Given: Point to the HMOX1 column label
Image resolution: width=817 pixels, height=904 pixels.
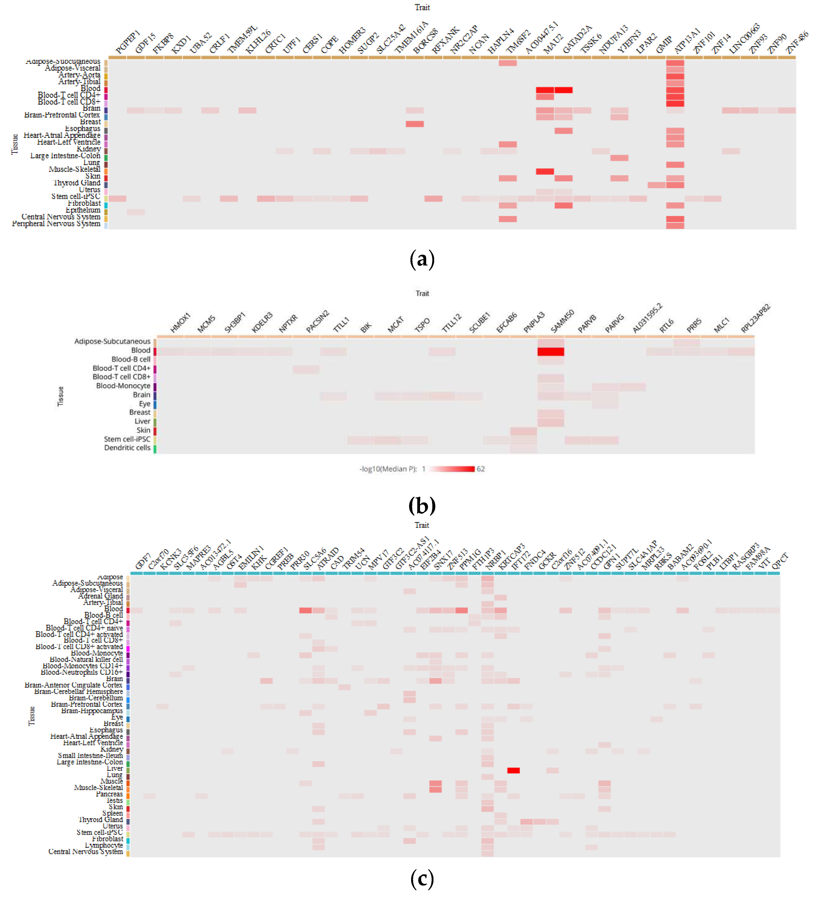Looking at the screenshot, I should click(180, 322).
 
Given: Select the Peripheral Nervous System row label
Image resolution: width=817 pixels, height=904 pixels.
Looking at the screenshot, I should click(56, 223).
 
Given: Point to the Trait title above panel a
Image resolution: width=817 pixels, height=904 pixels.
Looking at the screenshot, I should click(422, 7).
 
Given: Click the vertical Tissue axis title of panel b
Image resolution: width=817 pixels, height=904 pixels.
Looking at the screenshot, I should click(61, 396).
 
